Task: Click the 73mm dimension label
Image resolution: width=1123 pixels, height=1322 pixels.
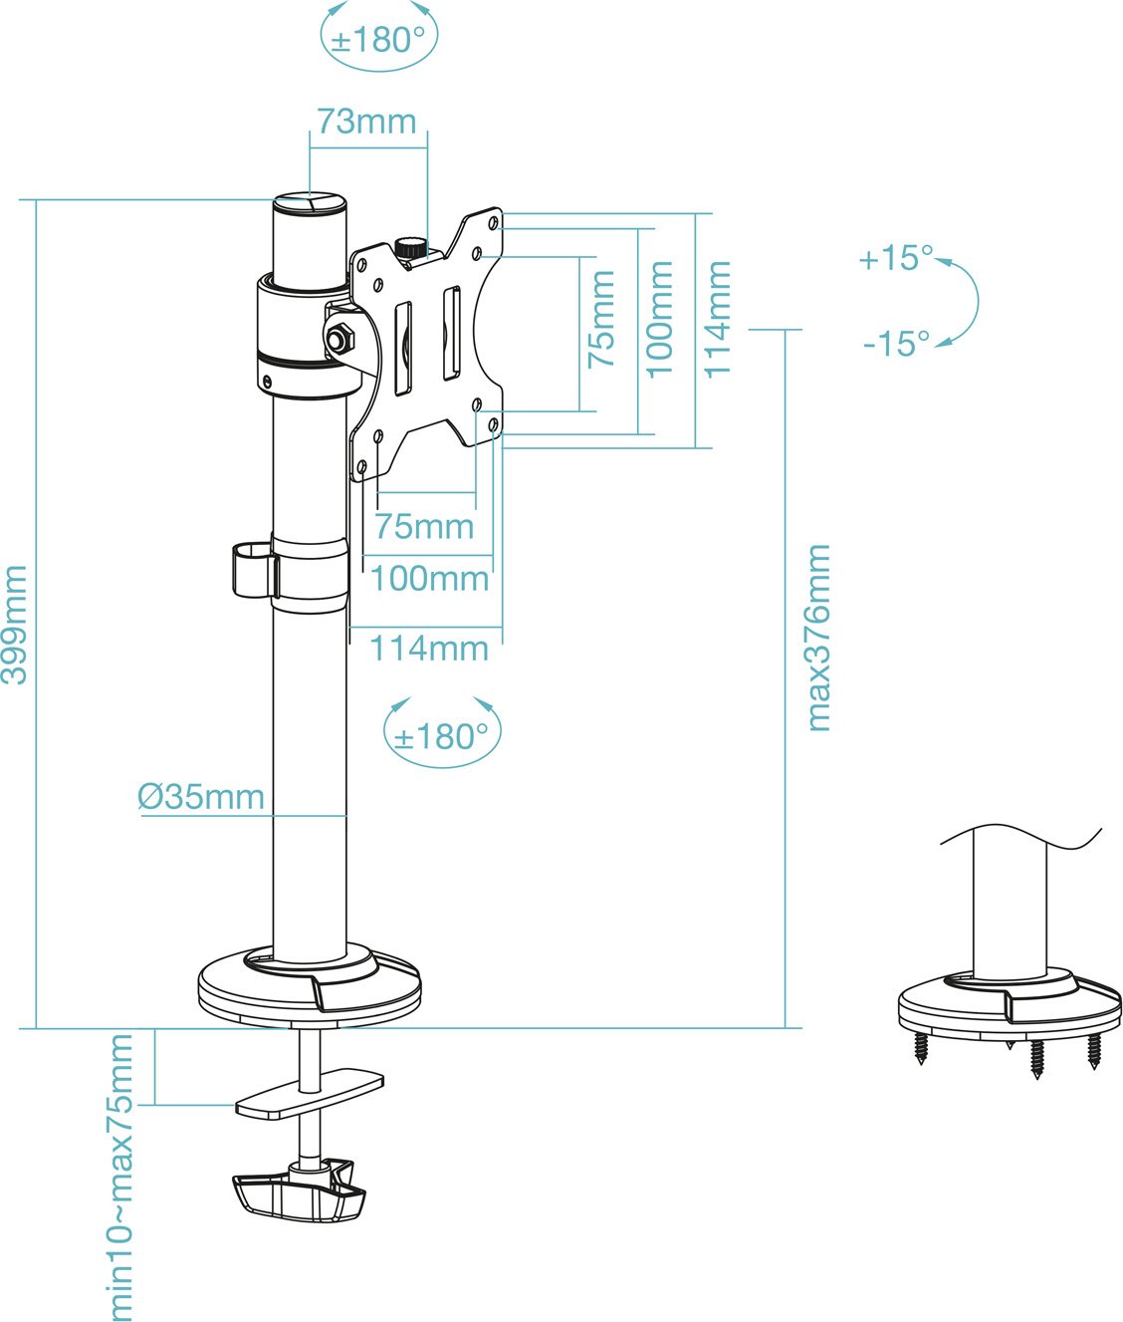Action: click(x=366, y=122)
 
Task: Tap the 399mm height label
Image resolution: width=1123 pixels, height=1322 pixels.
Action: click(x=14, y=625)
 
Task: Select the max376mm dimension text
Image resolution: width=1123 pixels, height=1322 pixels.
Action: click(x=818, y=638)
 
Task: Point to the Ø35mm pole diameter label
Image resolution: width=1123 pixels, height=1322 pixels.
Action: click(x=201, y=797)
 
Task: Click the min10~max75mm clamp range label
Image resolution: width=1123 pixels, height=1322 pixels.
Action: click(x=118, y=1177)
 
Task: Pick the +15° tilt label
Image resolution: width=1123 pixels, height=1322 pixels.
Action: click(x=896, y=258)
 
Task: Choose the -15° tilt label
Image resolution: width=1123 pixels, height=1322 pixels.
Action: click(x=896, y=344)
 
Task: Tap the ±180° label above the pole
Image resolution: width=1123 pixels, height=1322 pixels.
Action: click(x=378, y=40)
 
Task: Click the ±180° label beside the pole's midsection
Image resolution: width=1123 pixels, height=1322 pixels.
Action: click(x=441, y=737)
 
